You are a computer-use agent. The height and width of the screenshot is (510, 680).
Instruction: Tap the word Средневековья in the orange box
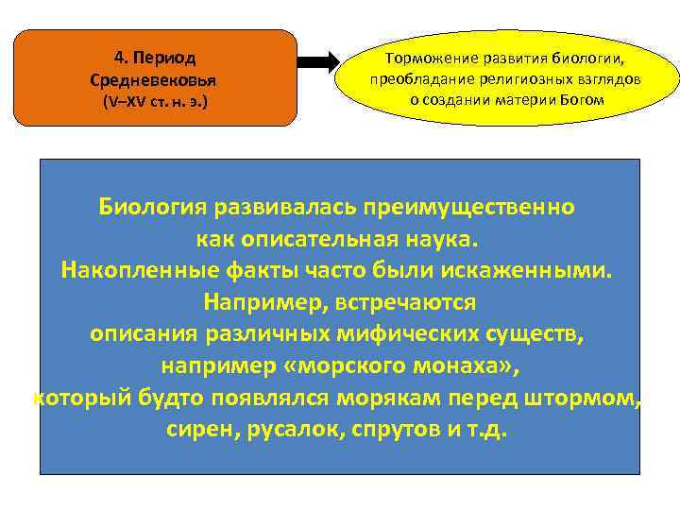pos(158,78)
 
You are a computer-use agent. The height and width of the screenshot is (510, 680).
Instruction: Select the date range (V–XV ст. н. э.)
pos(158,101)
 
